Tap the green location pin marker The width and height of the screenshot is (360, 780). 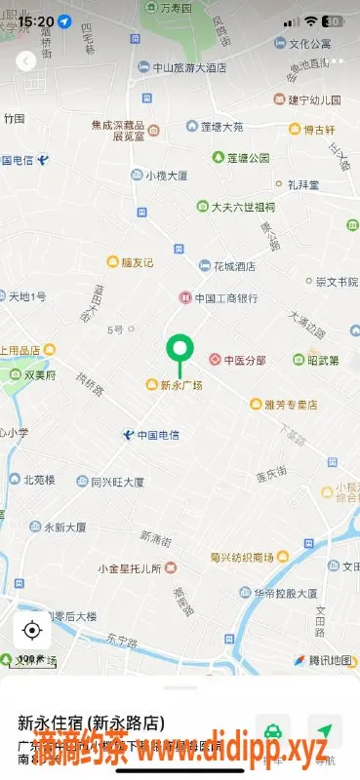[178, 349]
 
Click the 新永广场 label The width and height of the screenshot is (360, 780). [180, 385]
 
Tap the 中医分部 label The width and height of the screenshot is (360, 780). [244, 360]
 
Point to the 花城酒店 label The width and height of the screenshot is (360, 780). [233, 265]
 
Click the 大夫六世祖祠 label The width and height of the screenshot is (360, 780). [243, 207]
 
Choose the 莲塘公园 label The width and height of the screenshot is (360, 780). [248, 157]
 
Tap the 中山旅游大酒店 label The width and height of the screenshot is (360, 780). [189, 68]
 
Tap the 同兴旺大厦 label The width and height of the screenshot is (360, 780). [117, 482]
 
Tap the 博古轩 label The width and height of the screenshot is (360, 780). [320, 129]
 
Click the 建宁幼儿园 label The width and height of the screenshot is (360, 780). [314, 99]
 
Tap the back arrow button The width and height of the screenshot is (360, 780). [26, 60]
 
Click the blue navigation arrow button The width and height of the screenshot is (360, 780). [324, 730]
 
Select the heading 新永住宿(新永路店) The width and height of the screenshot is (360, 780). [91, 723]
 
